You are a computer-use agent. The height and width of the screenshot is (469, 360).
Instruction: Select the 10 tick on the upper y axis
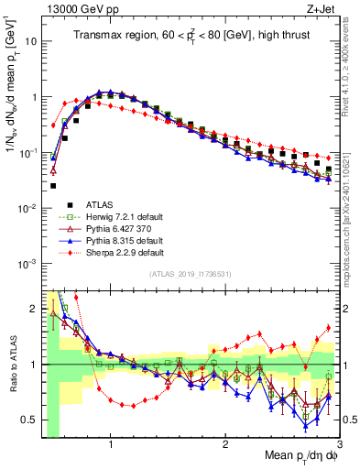(x=29, y=42)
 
